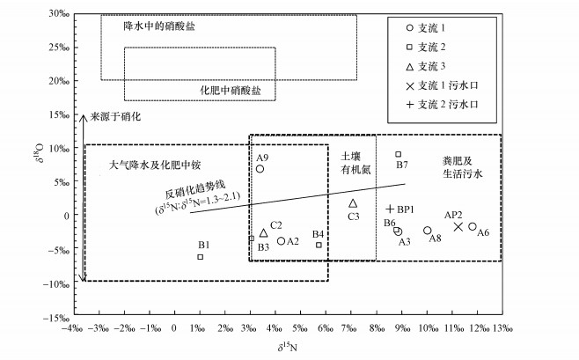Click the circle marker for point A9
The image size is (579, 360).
[x=260, y=168]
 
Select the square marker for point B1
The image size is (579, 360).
[x=201, y=256]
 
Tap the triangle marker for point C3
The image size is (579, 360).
[x=353, y=203]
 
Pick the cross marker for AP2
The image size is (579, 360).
[x=458, y=226]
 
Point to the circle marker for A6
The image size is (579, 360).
[x=473, y=226]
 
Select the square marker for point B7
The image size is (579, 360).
[x=398, y=154]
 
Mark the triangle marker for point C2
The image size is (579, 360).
[x=263, y=233]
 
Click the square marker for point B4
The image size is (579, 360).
[x=319, y=244]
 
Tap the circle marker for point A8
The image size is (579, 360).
[x=428, y=231]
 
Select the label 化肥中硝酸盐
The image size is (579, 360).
[x=228, y=90]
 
